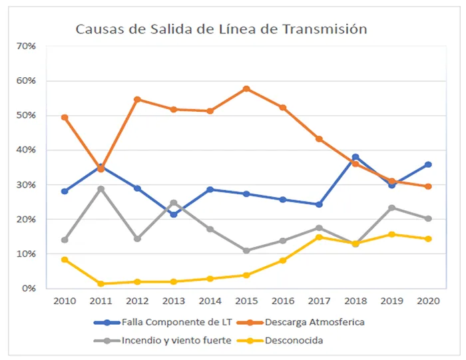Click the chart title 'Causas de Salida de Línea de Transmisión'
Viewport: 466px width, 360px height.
tap(221, 29)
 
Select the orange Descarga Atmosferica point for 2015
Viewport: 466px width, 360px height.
tap(246, 89)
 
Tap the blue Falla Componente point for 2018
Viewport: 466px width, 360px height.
tap(355, 157)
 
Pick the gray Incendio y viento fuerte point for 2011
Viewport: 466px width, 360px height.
tap(101, 189)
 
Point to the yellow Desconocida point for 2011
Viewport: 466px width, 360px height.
tap(101, 283)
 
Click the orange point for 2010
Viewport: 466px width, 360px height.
tap(65, 117)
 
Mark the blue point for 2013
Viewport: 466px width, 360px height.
tap(174, 214)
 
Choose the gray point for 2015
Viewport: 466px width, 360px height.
tap(246, 251)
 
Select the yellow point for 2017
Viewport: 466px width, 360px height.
tap(319, 237)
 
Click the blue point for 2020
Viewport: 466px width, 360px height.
tap(428, 164)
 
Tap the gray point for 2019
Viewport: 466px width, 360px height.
tap(392, 208)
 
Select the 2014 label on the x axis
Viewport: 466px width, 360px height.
tap(210, 301)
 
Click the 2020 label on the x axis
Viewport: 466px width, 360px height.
tap(428, 301)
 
